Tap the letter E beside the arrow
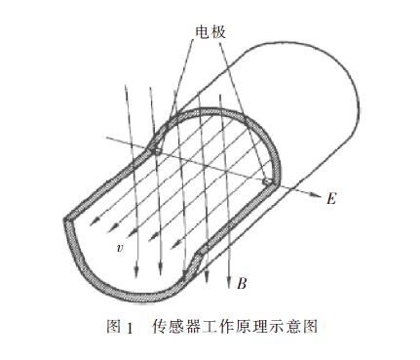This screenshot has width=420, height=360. pos(332,199)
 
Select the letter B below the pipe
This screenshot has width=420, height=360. pos(241,284)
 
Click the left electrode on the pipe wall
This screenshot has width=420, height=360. pos(156,149)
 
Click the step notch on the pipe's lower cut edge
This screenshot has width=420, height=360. pos(198,256)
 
